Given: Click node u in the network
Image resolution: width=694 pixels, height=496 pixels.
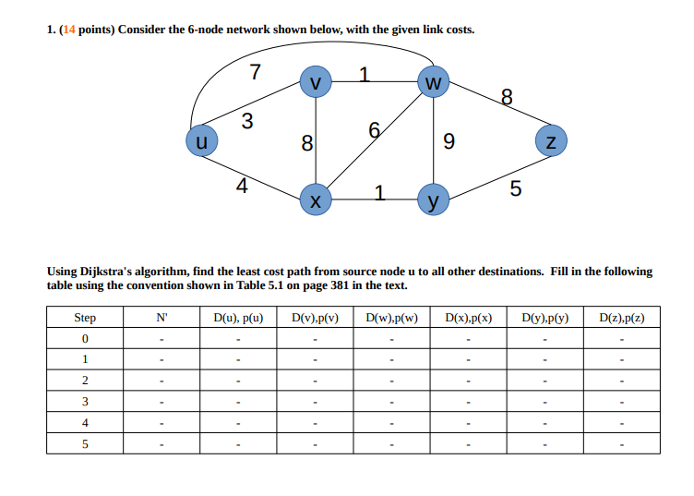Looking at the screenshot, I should click(x=201, y=141).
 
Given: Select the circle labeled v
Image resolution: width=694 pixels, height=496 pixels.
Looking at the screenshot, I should click(x=317, y=81).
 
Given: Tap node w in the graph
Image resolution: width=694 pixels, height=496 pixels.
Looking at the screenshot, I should click(x=433, y=82).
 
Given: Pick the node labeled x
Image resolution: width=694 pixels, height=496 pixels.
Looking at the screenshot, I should click(x=317, y=199).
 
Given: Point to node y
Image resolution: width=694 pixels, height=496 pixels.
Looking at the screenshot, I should click(x=432, y=199).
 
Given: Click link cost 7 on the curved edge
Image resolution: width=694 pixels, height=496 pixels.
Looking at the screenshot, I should click(x=256, y=72).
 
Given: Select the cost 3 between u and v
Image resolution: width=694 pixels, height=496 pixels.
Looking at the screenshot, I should click(x=246, y=120).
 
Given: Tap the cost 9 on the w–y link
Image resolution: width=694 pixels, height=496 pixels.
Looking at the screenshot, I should click(x=449, y=142).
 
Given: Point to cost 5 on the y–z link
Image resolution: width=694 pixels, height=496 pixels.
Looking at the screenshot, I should click(x=515, y=190).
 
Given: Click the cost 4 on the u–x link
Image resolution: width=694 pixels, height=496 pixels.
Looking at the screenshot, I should click(x=241, y=186).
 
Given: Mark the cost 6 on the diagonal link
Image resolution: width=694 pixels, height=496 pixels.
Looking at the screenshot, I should click(x=374, y=130).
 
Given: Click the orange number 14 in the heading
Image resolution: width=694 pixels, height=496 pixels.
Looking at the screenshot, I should click(x=68, y=30).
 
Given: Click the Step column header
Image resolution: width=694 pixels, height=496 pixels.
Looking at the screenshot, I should click(x=85, y=319).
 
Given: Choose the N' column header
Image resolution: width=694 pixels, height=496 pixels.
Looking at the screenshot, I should click(x=162, y=319).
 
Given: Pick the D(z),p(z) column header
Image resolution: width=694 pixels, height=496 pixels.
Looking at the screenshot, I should click(x=621, y=319).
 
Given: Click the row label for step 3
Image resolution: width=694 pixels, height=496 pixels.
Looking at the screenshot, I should click(x=85, y=402).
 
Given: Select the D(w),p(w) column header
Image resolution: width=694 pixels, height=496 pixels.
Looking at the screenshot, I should click(x=391, y=319).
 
